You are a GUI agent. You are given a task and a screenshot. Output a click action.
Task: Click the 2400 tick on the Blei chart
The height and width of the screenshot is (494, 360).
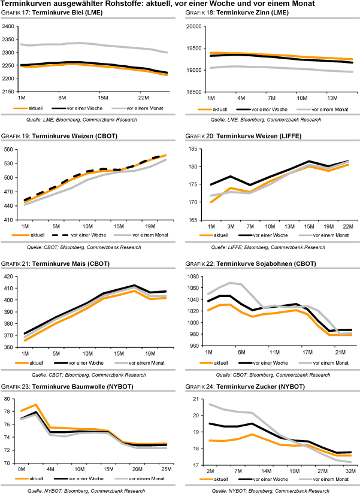point(8,26)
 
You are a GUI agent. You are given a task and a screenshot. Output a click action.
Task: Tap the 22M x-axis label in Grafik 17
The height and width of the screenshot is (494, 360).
point(144,97)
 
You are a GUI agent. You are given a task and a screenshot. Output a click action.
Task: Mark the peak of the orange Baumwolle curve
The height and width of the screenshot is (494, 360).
point(35,405)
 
